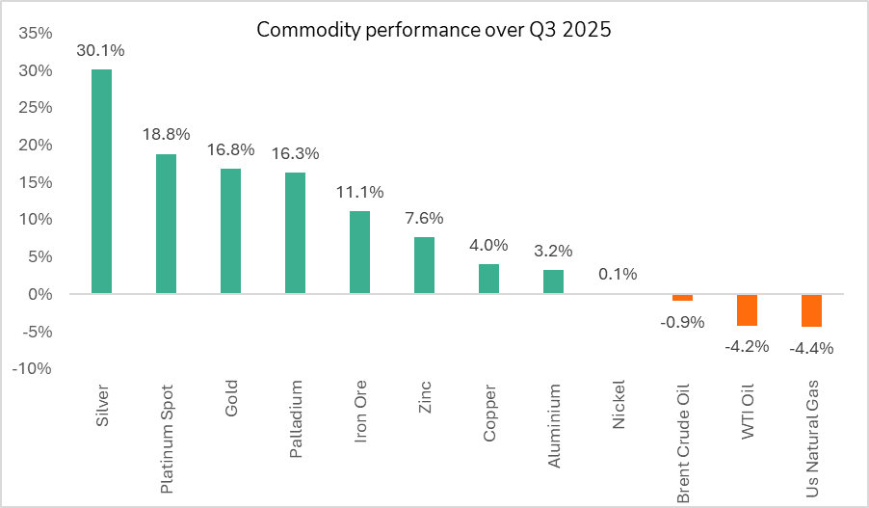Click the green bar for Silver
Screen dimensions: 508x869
(x=101, y=181)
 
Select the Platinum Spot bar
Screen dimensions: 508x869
(x=166, y=224)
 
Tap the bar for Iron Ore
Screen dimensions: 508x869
(x=359, y=253)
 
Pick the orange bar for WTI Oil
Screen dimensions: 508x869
(x=747, y=309)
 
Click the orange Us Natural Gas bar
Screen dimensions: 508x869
(x=811, y=310)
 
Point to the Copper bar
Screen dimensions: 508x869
(x=488, y=279)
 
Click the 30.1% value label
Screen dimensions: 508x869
(x=101, y=50)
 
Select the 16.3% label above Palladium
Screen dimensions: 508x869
(x=295, y=153)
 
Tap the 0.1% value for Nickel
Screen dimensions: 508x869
(x=618, y=274)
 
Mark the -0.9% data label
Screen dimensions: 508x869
(x=682, y=321)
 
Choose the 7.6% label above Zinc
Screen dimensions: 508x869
(x=424, y=218)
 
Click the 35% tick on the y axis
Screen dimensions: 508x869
(x=36, y=33)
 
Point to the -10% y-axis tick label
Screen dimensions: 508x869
(x=34, y=368)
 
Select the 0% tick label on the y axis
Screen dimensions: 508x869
(x=40, y=294)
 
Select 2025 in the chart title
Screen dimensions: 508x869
(x=590, y=30)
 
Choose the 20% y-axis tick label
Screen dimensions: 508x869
(x=36, y=145)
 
